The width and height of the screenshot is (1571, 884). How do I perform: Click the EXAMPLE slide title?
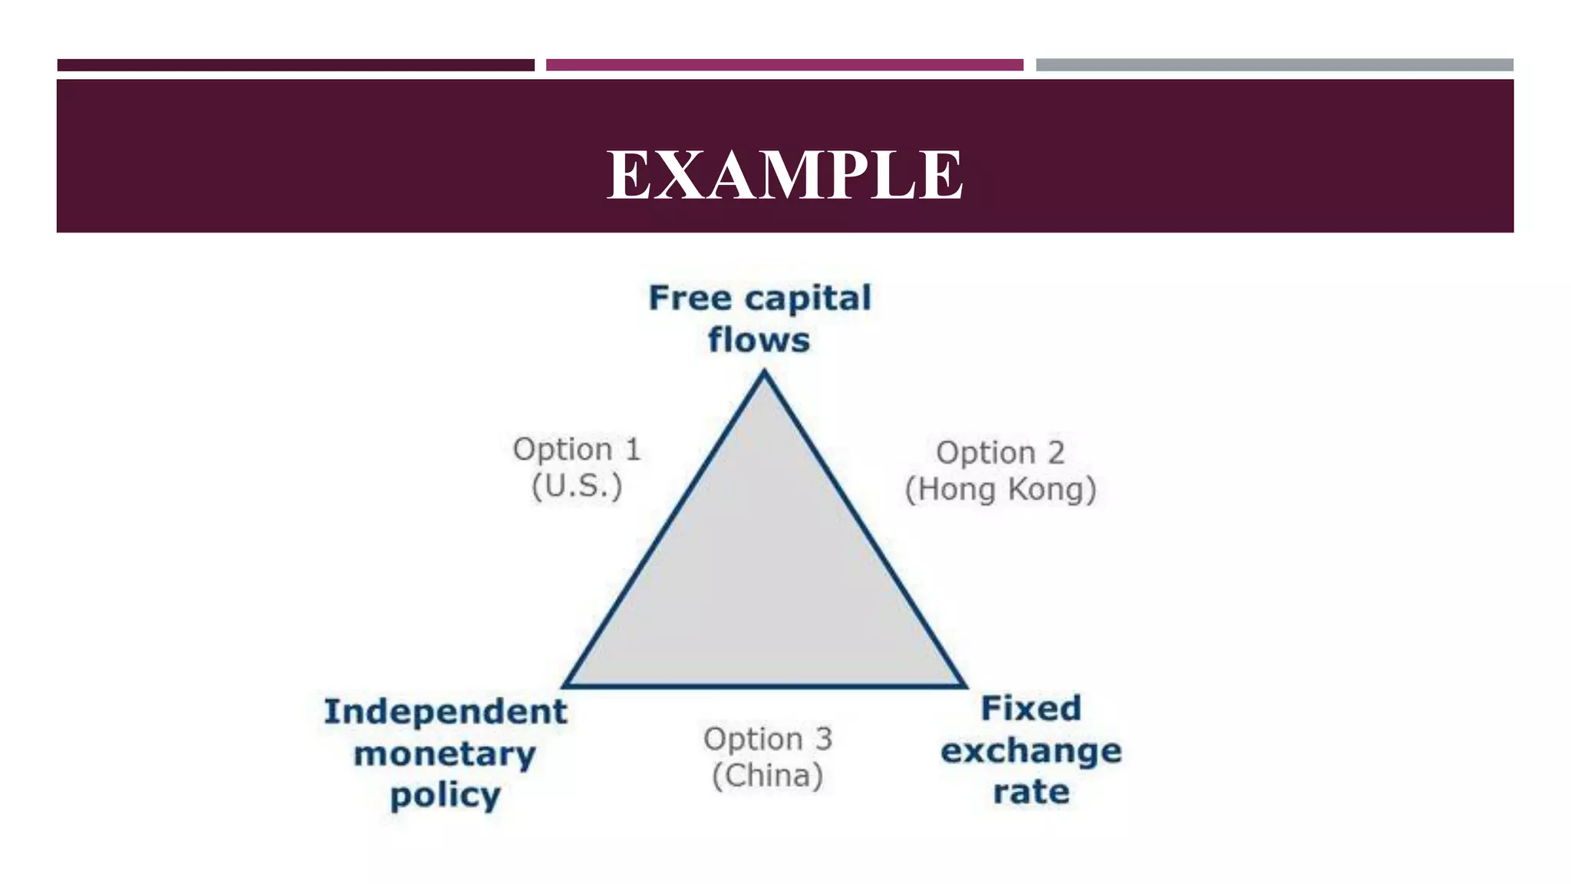click(785, 175)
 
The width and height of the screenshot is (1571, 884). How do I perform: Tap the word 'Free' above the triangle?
click(690, 298)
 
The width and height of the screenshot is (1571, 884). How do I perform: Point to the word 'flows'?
click(759, 340)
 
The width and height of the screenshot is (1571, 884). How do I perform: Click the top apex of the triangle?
click(764, 374)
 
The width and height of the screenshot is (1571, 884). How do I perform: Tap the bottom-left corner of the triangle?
click(566, 684)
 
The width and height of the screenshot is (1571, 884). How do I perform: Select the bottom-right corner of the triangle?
click(963, 684)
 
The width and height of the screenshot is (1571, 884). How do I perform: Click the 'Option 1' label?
click(577, 450)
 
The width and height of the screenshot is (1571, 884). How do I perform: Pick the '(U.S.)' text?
click(577, 486)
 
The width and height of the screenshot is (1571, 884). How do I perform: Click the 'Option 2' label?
click(1000, 453)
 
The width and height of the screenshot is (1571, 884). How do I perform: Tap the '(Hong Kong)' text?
click(1000, 490)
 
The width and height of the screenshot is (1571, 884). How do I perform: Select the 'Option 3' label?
click(768, 739)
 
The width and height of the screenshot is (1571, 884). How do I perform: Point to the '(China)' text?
click(768, 776)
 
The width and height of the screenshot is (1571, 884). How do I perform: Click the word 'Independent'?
click(446, 711)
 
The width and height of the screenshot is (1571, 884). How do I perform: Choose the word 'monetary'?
click(445, 754)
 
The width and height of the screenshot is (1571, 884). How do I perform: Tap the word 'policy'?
click(446, 796)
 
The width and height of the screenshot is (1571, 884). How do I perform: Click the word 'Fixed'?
click(1031, 708)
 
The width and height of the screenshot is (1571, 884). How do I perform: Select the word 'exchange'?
click(1031, 750)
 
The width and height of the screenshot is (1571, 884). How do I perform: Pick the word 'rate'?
click(1031, 792)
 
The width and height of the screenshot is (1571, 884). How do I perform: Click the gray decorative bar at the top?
click(1274, 65)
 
